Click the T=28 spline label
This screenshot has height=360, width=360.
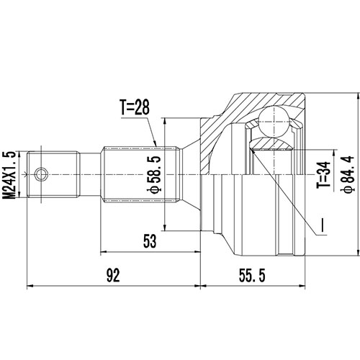136,109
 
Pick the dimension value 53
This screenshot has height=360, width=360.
149,242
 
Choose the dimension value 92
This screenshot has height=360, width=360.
112,274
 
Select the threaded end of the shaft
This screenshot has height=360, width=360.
54,174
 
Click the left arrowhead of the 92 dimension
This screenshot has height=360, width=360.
30,286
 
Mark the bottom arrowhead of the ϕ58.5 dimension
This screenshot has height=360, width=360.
167,229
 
